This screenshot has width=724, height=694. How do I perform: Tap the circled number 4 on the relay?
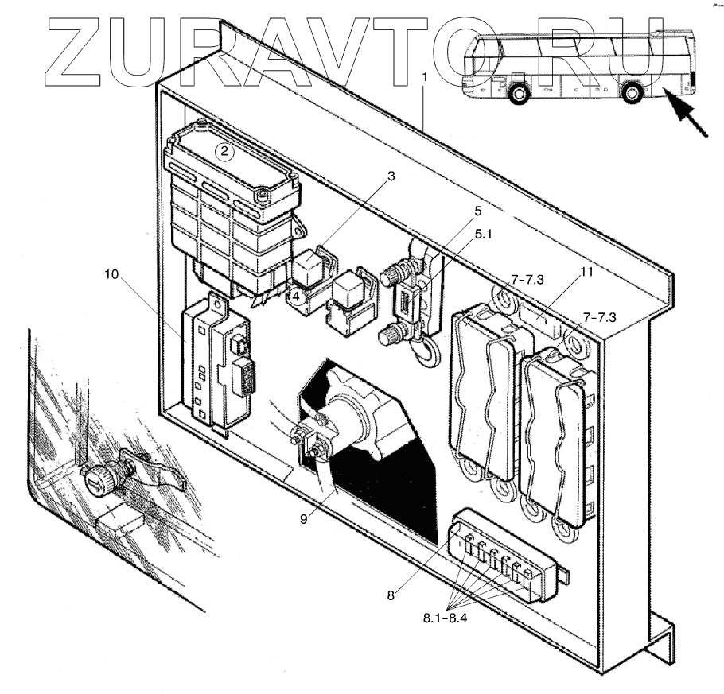[x=295, y=297]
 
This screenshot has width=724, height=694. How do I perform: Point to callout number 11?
[x=587, y=272]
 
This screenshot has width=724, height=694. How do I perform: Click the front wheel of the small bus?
[x=519, y=93]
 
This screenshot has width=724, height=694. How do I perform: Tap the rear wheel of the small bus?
[x=633, y=93]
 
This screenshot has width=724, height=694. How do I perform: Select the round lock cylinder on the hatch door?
[x=96, y=479]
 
